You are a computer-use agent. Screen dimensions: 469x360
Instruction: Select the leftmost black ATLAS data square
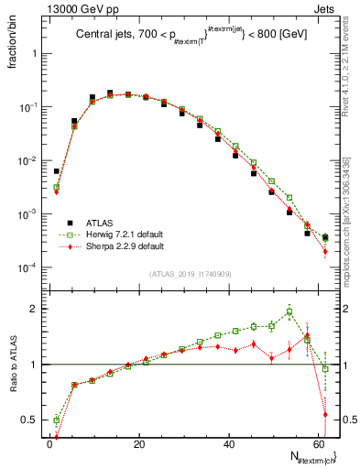(x=56, y=171)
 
